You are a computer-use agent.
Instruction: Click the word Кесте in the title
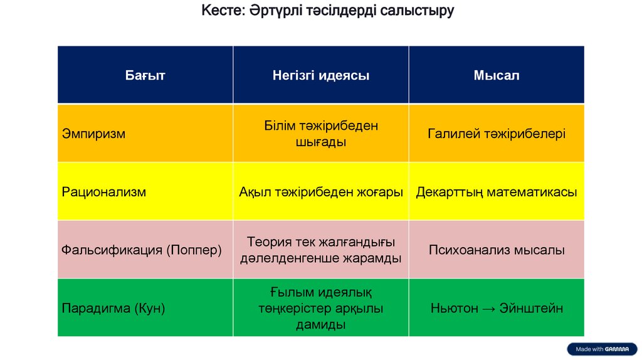point(216,11)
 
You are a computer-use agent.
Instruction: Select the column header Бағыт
point(145,76)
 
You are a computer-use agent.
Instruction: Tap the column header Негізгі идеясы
point(320,76)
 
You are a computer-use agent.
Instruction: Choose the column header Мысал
point(497,76)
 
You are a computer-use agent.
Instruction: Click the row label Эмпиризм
point(93,134)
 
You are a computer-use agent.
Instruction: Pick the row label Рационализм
point(104,192)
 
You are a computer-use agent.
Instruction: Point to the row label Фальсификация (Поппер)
point(142,250)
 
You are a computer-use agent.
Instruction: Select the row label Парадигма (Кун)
point(113,309)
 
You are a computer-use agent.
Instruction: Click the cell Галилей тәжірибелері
point(497,134)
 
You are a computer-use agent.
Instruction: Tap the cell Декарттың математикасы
point(497,192)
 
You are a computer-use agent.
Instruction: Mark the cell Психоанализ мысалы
point(497,250)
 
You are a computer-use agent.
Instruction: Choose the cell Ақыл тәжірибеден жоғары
point(320,192)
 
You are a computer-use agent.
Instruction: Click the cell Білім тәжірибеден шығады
point(320,134)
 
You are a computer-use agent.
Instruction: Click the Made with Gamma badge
point(602,349)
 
